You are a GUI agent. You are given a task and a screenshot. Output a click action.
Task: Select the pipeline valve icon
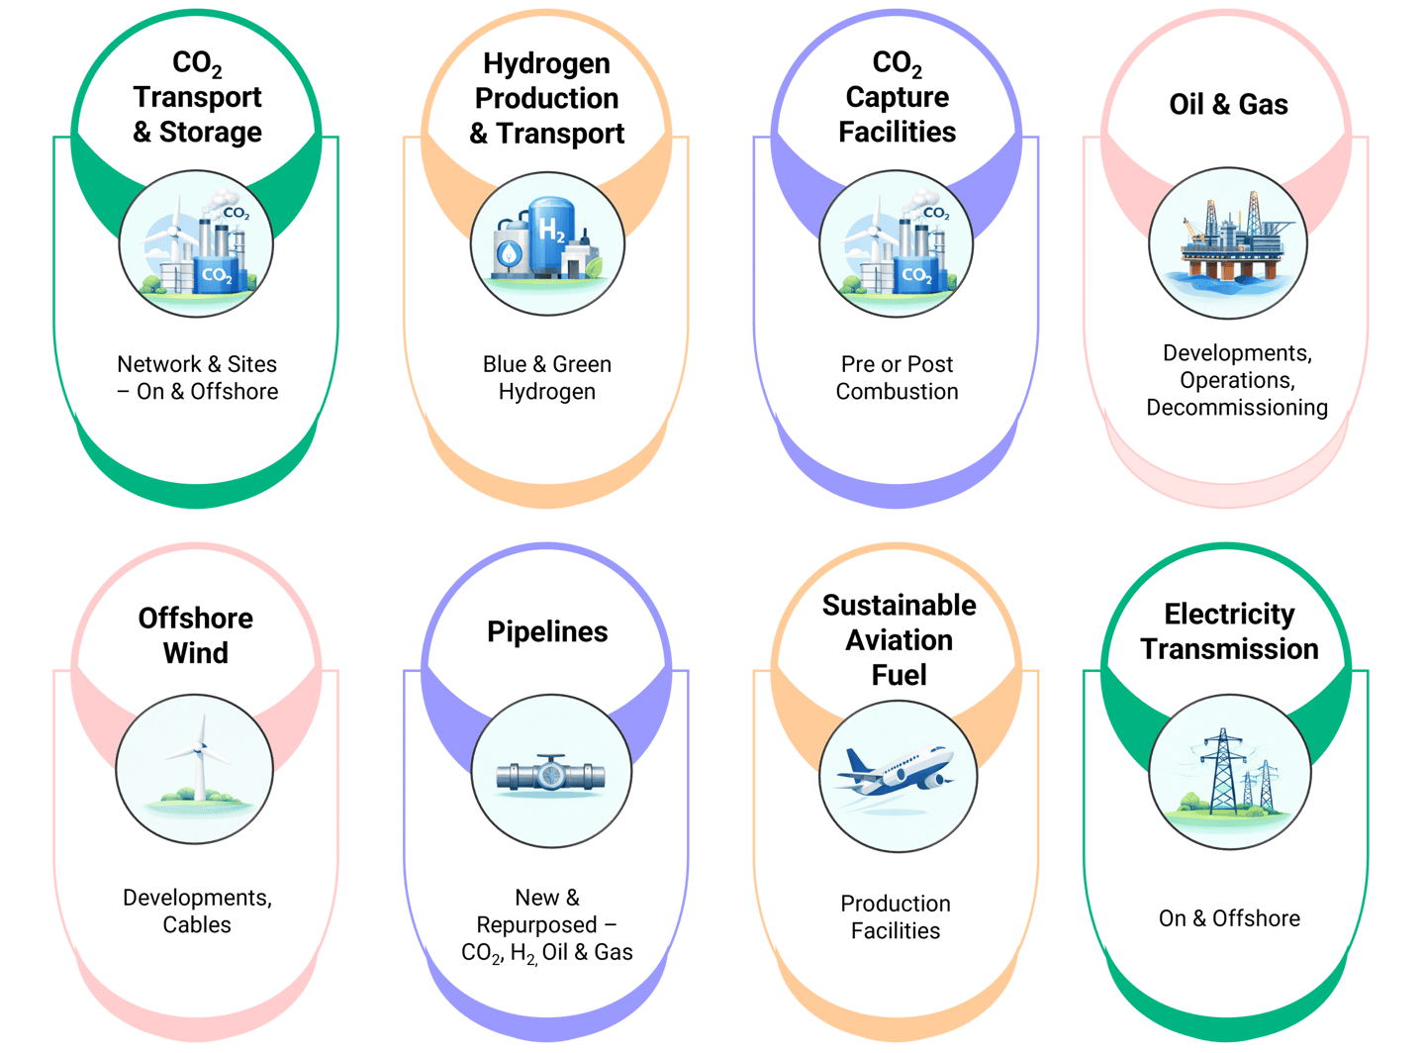pos(550,774)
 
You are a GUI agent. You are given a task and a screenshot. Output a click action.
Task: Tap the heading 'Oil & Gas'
pos(1228,104)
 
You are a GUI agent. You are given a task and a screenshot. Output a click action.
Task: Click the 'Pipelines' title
pos(547,631)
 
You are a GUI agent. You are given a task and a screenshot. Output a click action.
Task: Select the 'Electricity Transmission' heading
pos(1229,631)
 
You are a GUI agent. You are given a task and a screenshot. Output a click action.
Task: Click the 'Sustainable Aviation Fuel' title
pos(899,639)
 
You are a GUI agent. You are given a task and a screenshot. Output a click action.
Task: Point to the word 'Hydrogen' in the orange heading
pos(546,63)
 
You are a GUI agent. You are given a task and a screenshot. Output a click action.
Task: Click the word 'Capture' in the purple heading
pos(897,97)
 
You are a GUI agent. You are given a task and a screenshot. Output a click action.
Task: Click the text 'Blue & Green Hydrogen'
pos(547,378)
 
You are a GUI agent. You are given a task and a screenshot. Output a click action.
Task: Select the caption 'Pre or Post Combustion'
pos(897,378)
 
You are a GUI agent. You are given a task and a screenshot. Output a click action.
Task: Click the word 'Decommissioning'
pos(1237,408)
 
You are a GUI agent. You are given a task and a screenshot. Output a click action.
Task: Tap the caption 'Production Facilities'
pos(896,916)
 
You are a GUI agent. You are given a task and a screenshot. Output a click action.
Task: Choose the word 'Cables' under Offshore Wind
pos(197,925)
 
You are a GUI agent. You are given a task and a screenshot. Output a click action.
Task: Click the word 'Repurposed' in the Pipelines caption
pos(536,925)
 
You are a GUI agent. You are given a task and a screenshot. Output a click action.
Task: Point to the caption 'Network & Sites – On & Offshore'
pos(197,378)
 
